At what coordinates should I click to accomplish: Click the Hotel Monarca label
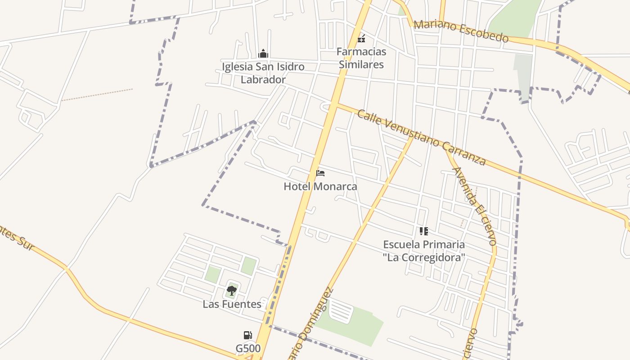pyautogui.click(x=320, y=186)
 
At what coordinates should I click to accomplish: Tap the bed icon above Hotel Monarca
pyautogui.click(x=320, y=173)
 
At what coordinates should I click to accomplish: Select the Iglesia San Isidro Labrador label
pyautogui.click(x=263, y=73)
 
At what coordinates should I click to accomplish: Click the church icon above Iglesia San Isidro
pyautogui.click(x=263, y=54)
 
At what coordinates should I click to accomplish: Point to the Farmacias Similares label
pyautogui.click(x=361, y=58)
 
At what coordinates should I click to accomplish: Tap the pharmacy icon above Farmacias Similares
pyautogui.click(x=361, y=38)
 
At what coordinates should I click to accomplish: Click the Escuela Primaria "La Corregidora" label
pyautogui.click(x=424, y=251)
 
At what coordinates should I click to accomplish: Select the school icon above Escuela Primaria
pyautogui.click(x=423, y=231)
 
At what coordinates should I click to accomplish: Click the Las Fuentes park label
pyautogui.click(x=232, y=304)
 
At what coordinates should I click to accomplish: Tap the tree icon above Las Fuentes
pyautogui.click(x=232, y=291)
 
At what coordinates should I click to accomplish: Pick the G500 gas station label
pyautogui.click(x=248, y=348)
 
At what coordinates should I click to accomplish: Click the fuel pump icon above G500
pyautogui.click(x=247, y=335)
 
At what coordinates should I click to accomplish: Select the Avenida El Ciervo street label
pyautogui.click(x=475, y=206)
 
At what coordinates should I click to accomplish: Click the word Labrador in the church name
pyautogui.click(x=263, y=80)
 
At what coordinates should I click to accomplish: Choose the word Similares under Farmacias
pyautogui.click(x=361, y=64)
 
